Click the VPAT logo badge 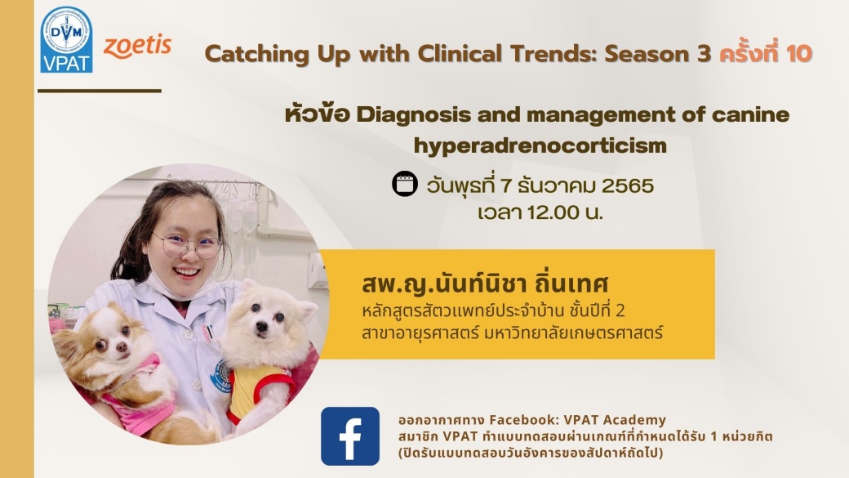click(67, 39)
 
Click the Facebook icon click(349, 436)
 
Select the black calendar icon click(404, 183)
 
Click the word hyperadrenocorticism click(540, 145)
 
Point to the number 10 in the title click(799, 54)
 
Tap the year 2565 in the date click(628, 186)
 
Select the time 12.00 click(553, 212)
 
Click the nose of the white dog click(262, 327)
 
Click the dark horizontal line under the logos click(100, 91)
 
